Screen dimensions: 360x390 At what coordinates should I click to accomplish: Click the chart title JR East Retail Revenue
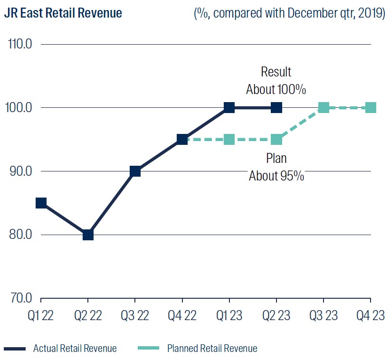pos(63,13)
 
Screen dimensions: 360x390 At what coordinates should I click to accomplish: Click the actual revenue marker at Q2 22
pos(88,235)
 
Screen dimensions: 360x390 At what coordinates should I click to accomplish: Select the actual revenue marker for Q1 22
pos(41,203)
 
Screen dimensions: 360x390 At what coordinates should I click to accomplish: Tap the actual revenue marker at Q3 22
pos(135,171)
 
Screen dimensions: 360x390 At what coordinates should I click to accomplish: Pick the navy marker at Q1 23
pos(229,108)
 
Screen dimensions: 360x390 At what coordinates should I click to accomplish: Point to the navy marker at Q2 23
pos(276,108)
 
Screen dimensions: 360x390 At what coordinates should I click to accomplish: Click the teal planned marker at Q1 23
pos(229,140)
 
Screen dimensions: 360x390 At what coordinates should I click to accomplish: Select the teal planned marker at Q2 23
pos(276,140)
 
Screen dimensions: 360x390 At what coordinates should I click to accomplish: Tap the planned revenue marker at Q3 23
pos(323,108)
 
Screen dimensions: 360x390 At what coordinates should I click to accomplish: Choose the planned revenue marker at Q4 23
pos(371,108)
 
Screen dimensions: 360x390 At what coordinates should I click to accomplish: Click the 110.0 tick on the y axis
pos(20,44)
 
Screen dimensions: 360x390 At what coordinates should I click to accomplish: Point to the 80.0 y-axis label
pos(20,235)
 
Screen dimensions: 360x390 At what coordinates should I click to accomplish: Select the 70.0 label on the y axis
pos(20,298)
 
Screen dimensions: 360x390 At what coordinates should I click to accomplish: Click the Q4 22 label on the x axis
pos(182,315)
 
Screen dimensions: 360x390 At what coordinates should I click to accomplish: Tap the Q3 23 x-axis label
pos(323,315)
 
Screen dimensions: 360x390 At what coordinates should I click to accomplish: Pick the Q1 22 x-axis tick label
pos(41,315)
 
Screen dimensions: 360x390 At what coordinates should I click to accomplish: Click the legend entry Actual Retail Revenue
pos(75,349)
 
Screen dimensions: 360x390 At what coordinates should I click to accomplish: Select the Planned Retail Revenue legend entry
pos(212,349)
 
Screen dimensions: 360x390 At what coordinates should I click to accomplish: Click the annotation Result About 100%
pos(276,81)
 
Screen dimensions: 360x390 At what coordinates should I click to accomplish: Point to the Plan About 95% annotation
pos(276,167)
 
